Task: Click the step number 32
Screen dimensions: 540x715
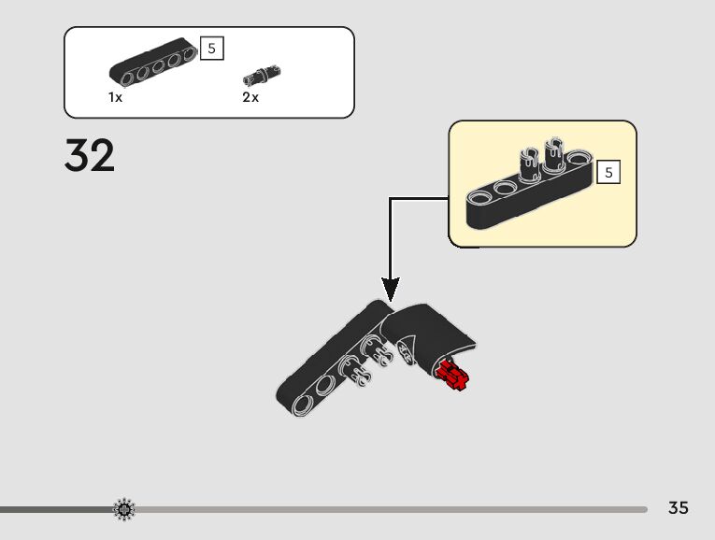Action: pyautogui.click(x=90, y=156)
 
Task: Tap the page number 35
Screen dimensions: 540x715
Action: pyautogui.click(x=679, y=508)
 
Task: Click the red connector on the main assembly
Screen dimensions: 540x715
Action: pyautogui.click(x=452, y=377)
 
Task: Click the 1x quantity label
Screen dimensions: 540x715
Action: pyautogui.click(x=116, y=97)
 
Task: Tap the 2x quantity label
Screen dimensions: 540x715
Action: pyautogui.click(x=250, y=97)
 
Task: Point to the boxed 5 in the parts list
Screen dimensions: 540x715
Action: pyautogui.click(x=213, y=49)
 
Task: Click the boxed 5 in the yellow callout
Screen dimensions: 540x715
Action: pyautogui.click(x=608, y=172)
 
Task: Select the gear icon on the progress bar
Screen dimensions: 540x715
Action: pyautogui.click(x=124, y=509)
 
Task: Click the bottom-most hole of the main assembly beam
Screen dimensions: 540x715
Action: pyautogui.click(x=303, y=403)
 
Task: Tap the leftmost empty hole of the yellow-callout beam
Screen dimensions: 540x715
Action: pyautogui.click(x=482, y=196)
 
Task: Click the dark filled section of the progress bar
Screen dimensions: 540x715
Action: pyautogui.click(x=56, y=509)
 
